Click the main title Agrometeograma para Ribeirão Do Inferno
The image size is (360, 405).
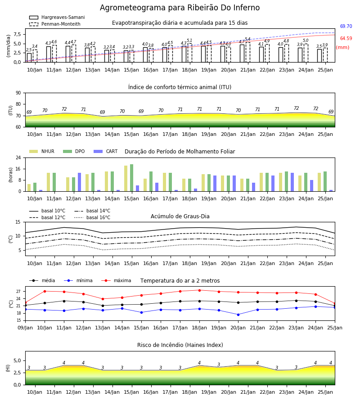coord(180,8)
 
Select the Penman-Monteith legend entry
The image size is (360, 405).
coord(55,24)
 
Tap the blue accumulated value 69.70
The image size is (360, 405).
coord(346,27)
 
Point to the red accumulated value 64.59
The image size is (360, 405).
coord(346,39)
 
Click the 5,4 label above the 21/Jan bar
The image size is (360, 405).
coord(247,39)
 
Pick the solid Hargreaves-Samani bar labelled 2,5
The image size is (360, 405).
coord(29,58)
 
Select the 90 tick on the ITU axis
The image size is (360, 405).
coord(18,93)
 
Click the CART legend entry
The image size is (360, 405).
coord(105,151)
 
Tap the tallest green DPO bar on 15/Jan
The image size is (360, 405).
coord(132,178)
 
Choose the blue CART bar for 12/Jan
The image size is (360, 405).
coord(80,182)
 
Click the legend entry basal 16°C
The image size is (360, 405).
coord(92,217)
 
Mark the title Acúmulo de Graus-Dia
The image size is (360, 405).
coord(180,216)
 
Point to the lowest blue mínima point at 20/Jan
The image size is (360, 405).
coord(238,315)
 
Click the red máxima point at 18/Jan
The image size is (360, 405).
coord(199,290)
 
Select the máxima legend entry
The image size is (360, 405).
coord(116,280)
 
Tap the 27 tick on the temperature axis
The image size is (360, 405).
coord(18,292)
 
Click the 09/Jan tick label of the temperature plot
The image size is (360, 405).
coord(25,328)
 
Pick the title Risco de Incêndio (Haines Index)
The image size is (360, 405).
coord(180,345)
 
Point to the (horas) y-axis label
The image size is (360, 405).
coord(11,175)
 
